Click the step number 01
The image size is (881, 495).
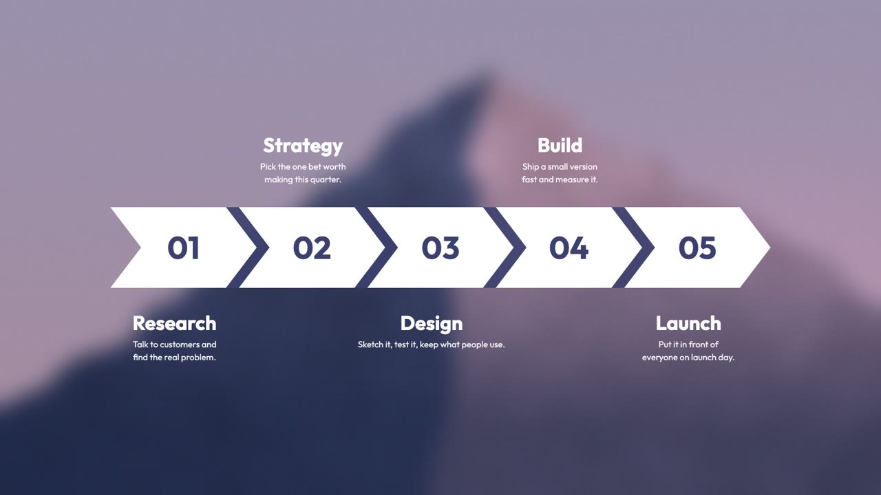[x=183, y=247]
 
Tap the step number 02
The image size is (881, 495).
[x=312, y=247]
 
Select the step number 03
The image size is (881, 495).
[x=440, y=247]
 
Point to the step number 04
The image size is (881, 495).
[x=569, y=247]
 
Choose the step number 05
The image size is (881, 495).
[x=697, y=247]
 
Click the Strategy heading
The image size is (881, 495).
[x=303, y=146]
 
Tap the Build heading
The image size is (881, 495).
[x=560, y=145]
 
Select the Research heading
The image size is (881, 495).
[x=175, y=323]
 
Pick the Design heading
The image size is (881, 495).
[x=432, y=324]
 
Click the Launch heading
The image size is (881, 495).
[x=688, y=323]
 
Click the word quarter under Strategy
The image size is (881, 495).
[x=326, y=180]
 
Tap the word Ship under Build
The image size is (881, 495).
[x=530, y=167]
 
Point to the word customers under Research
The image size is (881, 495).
[x=180, y=344]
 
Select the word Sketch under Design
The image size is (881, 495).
[x=371, y=344]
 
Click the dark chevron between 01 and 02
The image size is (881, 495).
[x=248, y=247]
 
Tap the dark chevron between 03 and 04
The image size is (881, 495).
[x=505, y=247]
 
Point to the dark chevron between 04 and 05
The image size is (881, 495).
[x=633, y=247]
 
